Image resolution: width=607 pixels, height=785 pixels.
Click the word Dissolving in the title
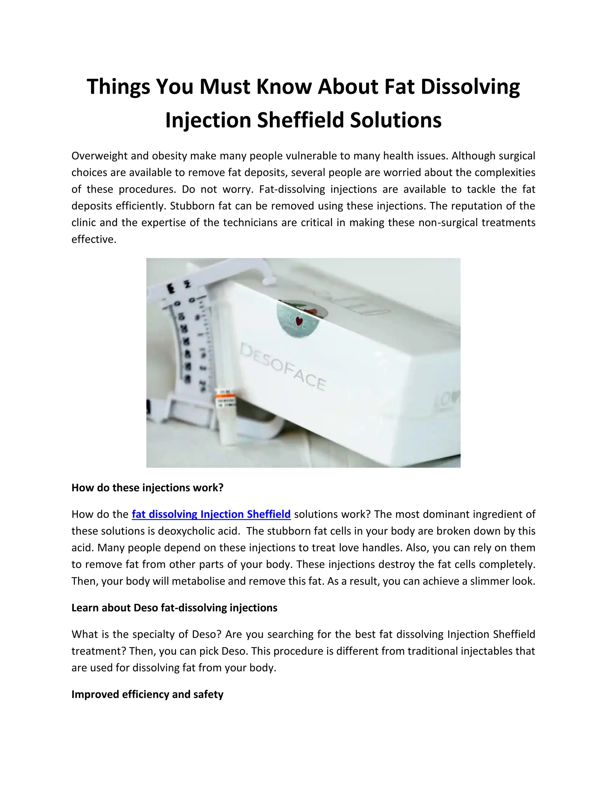[x=470, y=87]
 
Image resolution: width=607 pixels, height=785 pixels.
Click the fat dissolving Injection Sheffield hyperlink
[x=211, y=514]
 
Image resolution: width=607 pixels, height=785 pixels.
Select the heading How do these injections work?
[x=147, y=488]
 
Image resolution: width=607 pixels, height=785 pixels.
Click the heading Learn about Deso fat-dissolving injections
[x=174, y=608]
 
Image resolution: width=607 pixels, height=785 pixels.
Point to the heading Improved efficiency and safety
[x=147, y=694]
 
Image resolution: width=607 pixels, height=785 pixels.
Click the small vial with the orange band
[x=226, y=417]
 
